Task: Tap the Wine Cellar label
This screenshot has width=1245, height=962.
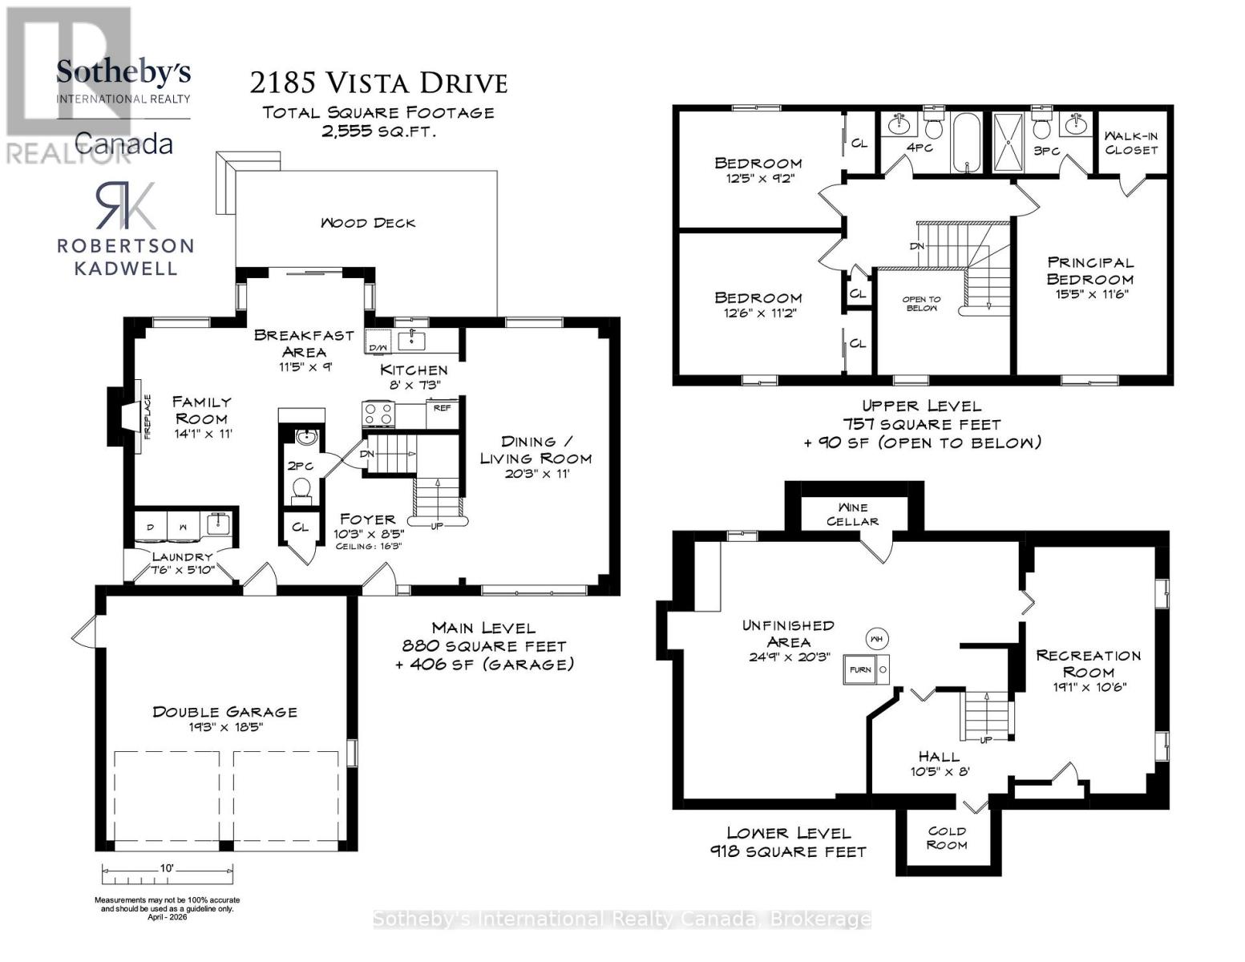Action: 852,514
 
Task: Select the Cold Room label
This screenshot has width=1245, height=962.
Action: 946,838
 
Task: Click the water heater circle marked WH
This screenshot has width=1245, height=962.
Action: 876,639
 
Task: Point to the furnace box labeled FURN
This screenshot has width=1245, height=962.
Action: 860,669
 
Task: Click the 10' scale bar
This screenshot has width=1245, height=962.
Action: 168,870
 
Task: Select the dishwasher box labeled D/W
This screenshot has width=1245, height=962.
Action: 378,346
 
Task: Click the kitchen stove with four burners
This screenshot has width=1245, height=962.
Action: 379,414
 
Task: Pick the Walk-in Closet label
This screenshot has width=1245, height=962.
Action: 1131,143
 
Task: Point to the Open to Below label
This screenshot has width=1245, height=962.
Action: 922,304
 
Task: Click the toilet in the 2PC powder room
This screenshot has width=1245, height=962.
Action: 302,488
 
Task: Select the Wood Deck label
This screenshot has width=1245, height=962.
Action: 368,223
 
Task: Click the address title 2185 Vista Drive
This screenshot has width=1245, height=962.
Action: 378,83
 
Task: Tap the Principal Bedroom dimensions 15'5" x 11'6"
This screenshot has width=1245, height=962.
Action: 1089,294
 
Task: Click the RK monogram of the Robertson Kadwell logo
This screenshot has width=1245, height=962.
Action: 125,206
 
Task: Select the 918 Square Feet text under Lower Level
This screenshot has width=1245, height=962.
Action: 788,851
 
